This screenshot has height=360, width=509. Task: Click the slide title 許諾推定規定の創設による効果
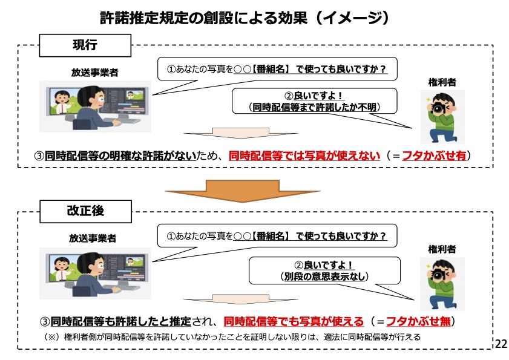pyautogui.click(x=243, y=18)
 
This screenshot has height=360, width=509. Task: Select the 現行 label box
pyautogui.click(x=85, y=45)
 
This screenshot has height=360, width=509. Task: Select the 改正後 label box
pyautogui.click(x=85, y=211)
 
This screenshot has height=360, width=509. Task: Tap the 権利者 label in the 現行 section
pyautogui.click(x=442, y=82)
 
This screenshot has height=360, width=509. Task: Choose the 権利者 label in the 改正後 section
pyautogui.click(x=442, y=249)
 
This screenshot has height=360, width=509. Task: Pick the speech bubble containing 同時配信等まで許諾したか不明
pyautogui.click(x=314, y=101)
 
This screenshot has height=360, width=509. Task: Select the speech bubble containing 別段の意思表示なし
pyautogui.click(x=325, y=270)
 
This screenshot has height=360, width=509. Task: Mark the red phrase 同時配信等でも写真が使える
pyautogui.click(x=294, y=321)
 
